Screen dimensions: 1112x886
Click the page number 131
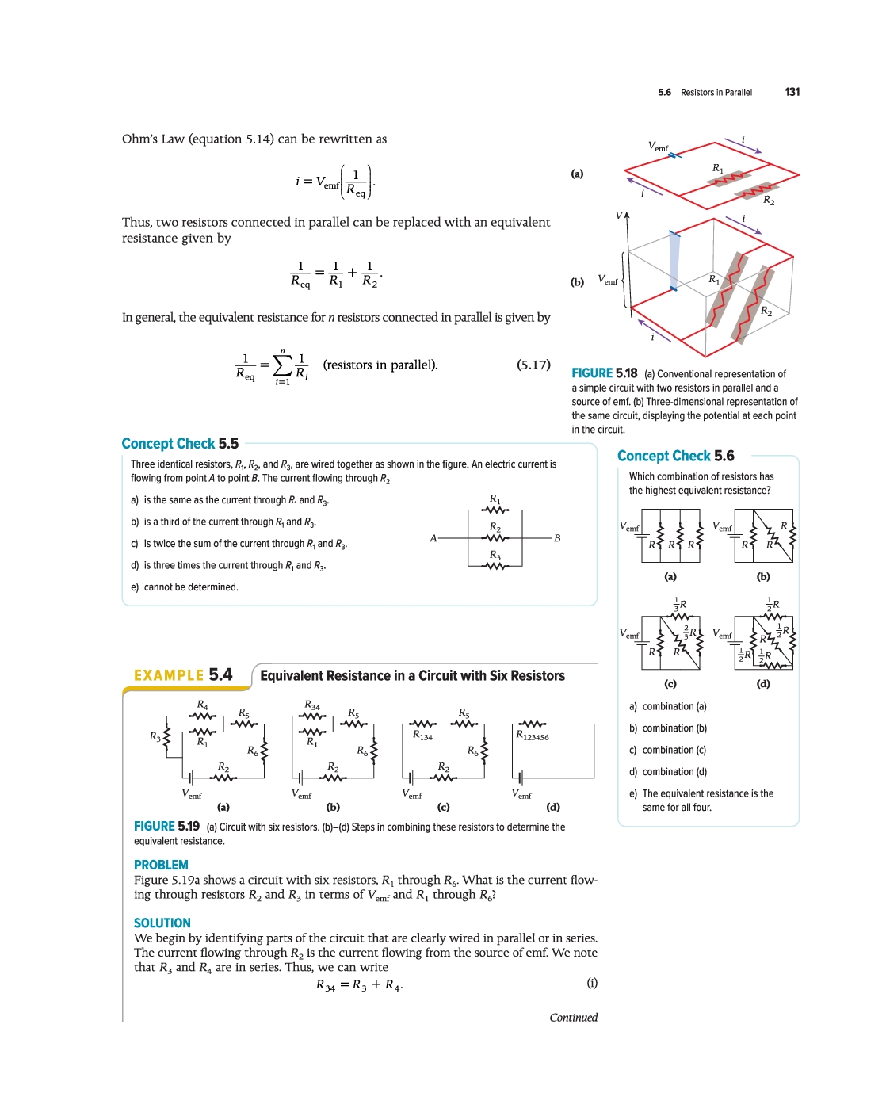[x=792, y=92]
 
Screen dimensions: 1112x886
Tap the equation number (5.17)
[x=533, y=365]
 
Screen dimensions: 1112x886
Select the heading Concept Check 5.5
[x=180, y=444]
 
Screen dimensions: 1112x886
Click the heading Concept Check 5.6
[x=675, y=456]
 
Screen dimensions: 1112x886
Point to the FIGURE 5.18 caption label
[x=604, y=373]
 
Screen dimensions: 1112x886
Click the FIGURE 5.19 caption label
[x=166, y=827]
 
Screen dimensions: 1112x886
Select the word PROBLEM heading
[x=161, y=865]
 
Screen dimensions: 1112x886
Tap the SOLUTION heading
[x=162, y=923]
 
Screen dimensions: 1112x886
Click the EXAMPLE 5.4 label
[x=183, y=675]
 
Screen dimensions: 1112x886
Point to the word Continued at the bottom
[x=573, y=1018]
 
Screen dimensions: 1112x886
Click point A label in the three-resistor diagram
[x=433, y=538]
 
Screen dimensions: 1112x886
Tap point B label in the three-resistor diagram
[x=557, y=538]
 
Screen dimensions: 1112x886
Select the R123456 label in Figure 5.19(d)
[x=533, y=736]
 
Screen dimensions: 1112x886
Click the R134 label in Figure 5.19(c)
[x=422, y=736]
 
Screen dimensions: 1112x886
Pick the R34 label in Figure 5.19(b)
[x=311, y=705]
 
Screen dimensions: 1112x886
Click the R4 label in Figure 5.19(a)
[x=202, y=705]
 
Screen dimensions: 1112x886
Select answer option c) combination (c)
[x=667, y=750]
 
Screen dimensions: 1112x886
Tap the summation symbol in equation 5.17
[x=282, y=365]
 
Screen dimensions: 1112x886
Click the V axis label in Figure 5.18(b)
[x=619, y=216]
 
